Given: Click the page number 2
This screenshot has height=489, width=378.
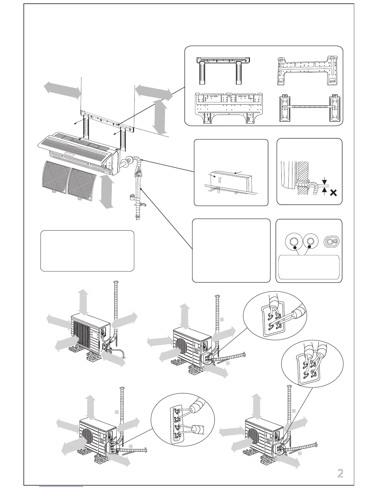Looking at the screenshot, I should coord(340,473).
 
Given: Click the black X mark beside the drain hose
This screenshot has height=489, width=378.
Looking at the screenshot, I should coord(333,193).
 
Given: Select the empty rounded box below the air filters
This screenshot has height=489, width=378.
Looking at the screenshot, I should coord(87,251).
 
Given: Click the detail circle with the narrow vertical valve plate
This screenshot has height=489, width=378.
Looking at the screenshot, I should coord(183,425).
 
